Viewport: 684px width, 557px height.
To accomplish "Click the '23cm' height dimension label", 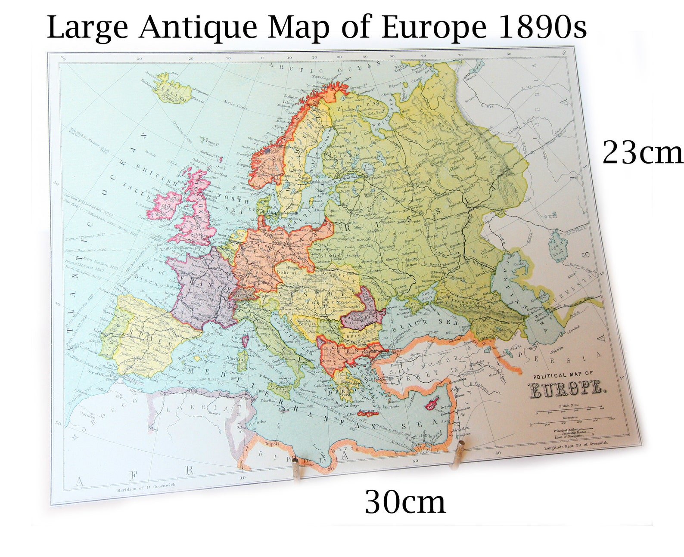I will pos(642,152).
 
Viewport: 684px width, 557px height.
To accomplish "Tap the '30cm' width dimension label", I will pos(405,502).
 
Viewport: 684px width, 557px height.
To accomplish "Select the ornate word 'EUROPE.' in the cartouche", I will pos(566,390).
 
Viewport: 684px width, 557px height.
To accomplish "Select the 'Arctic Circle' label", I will pos(235,104).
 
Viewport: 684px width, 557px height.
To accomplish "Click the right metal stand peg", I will pos(458,454).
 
